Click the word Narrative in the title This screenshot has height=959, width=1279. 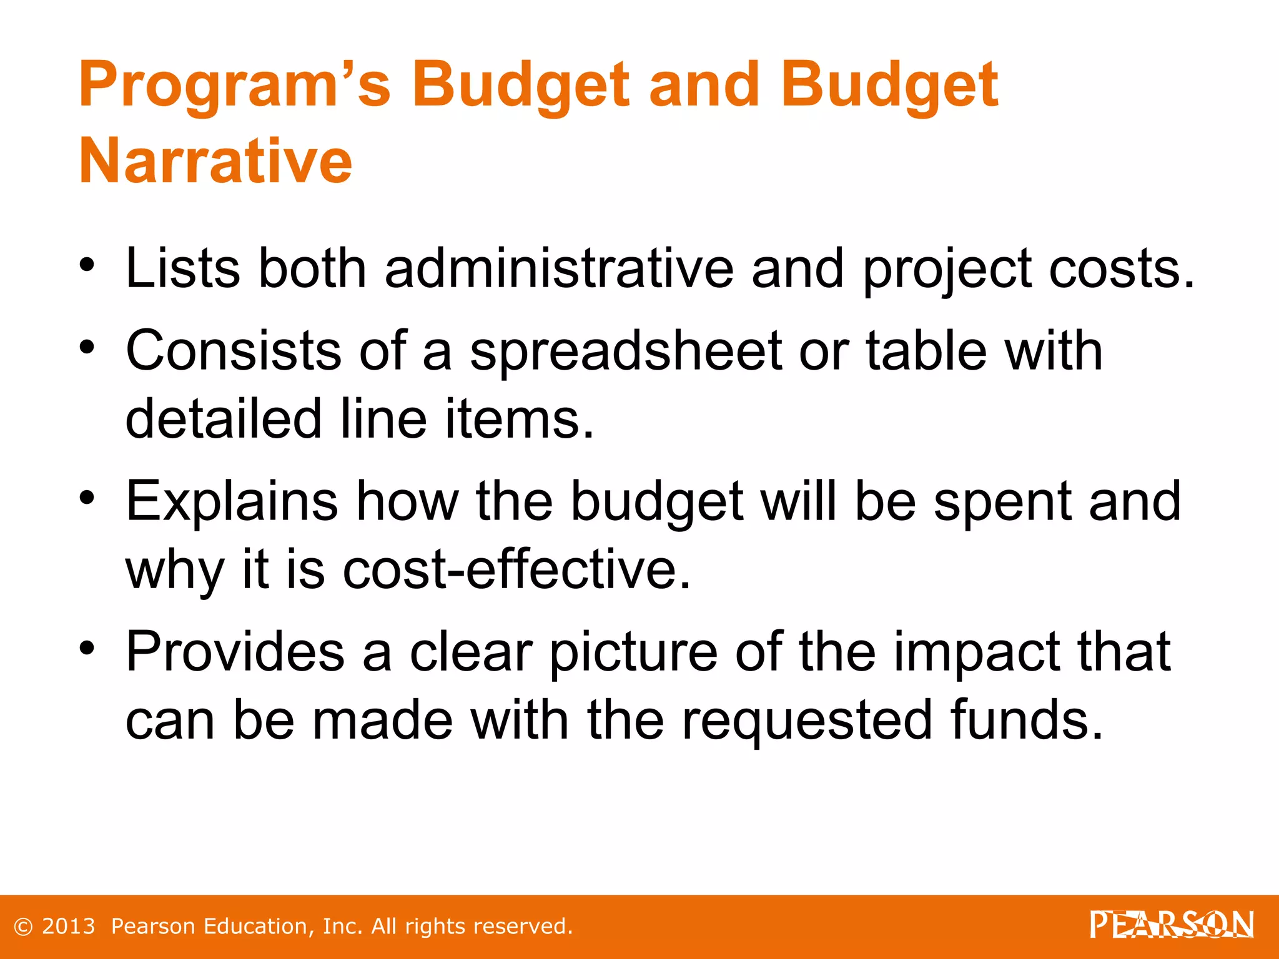point(215,161)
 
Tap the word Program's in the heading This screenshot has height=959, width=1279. point(234,86)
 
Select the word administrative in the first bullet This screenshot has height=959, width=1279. point(559,268)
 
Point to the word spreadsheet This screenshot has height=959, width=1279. point(626,351)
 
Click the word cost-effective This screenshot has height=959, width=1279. point(517,569)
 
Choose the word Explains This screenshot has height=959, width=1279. point(232,502)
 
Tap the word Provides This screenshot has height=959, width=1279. point(235,652)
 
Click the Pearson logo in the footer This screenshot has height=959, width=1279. point(1172,925)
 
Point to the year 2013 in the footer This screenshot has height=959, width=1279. point(69,927)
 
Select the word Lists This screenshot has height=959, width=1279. point(182,268)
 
